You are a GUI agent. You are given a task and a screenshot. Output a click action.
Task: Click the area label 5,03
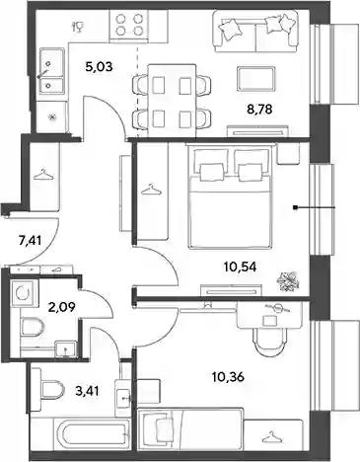[x=99, y=67]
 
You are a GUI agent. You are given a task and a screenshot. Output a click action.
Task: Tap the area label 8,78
[x=259, y=109]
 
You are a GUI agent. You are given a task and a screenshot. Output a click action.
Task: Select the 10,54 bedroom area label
[x=240, y=267]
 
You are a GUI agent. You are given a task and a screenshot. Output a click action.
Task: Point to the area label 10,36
[x=228, y=376]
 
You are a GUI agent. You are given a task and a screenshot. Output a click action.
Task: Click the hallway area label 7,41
[x=30, y=241]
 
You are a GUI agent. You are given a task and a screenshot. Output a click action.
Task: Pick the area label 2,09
[x=62, y=307]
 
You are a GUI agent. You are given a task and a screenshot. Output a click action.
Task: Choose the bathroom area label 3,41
[x=87, y=391]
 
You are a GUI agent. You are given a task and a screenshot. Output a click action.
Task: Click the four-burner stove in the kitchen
[x=129, y=26]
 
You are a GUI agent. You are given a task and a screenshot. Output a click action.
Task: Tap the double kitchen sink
[x=51, y=71]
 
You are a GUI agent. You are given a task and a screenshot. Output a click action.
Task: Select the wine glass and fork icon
[x=79, y=27]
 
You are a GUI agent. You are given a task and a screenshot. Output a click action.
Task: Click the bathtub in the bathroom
[x=93, y=433]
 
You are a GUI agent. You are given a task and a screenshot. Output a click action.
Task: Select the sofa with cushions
[x=255, y=31]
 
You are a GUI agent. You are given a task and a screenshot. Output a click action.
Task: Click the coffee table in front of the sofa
[x=256, y=79]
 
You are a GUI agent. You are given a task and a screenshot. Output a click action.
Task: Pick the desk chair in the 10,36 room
[x=269, y=342]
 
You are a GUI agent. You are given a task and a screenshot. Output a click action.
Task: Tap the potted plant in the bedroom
[x=287, y=281]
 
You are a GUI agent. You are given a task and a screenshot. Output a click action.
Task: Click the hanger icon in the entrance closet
[x=43, y=175]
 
